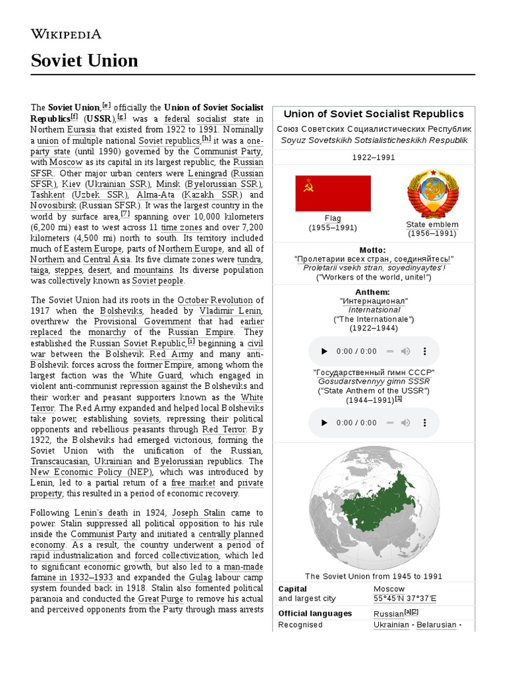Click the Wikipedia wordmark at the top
click(66, 34)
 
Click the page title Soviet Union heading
click(84, 61)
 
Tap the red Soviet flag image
click(333, 193)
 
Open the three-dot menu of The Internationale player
click(426, 351)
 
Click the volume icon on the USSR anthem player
click(406, 423)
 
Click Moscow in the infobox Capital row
click(389, 589)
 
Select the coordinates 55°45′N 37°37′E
click(405, 599)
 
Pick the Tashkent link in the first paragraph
click(47, 195)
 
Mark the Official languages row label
click(315, 613)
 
